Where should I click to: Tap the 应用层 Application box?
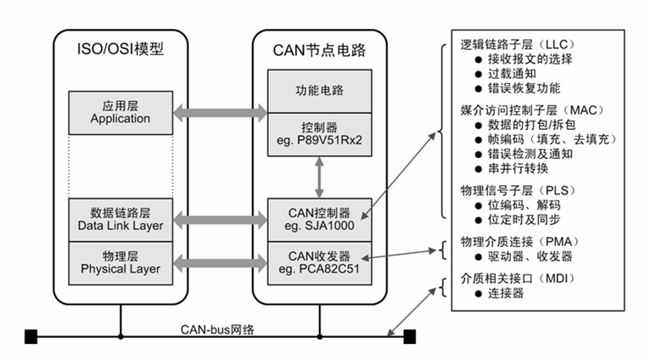(120, 112)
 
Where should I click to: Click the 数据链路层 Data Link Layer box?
(120, 219)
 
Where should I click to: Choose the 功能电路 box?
(319, 89)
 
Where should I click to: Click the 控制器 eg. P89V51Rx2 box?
(319, 133)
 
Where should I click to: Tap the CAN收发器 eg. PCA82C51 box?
(319, 260)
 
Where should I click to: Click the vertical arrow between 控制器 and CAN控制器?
(319, 177)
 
